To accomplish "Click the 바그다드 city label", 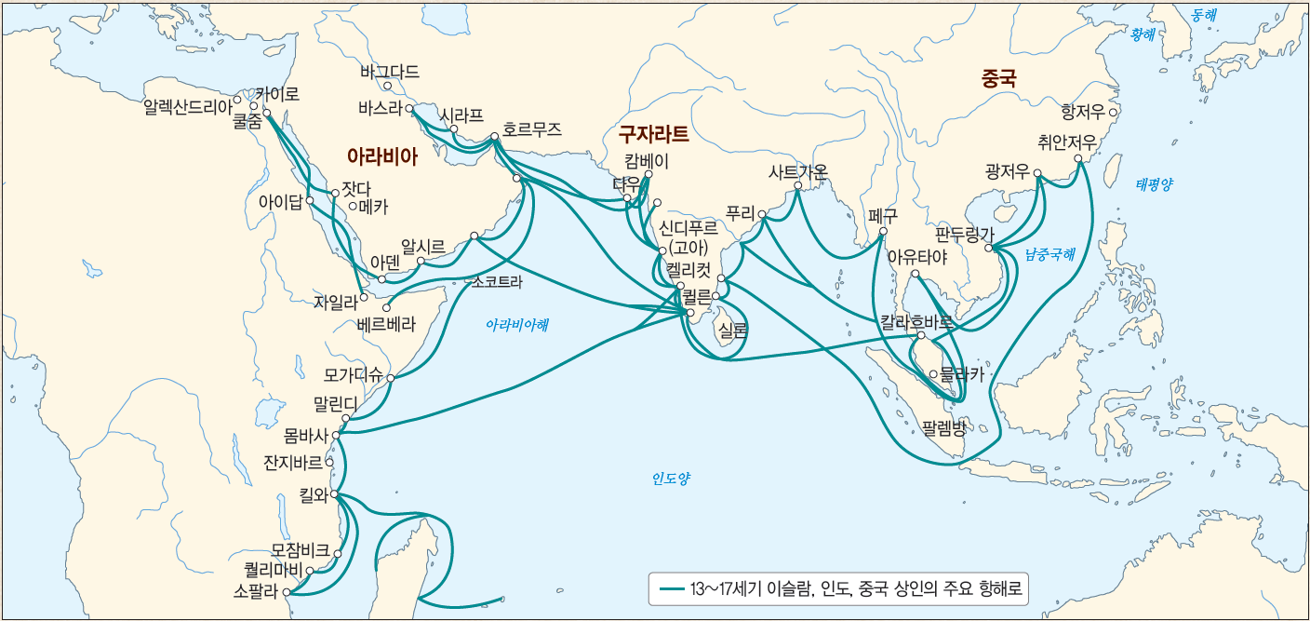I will click(x=389, y=72).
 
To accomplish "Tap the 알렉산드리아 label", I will click(x=186, y=107).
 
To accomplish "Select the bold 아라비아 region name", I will click(x=381, y=156).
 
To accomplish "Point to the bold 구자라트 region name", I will click(x=654, y=134).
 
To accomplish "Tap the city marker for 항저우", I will click(x=1113, y=113).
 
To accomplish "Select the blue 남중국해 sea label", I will click(x=1049, y=252).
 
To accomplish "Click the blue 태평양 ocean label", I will click(x=1154, y=184).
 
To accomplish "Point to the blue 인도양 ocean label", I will click(x=670, y=479).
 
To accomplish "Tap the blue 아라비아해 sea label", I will click(x=517, y=325).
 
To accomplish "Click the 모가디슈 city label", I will click(x=353, y=376).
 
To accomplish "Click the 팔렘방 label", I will click(x=943, y=429).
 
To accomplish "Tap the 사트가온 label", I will click(x=797, y=172).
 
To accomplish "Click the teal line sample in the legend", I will click(x=672, y=589).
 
